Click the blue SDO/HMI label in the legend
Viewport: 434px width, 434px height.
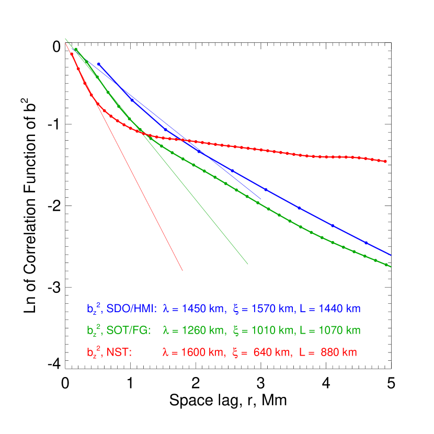tap(131, 309)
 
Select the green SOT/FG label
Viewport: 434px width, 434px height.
tap(129, 331)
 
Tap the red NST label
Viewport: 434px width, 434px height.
tap(119, 353)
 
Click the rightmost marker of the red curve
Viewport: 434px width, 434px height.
tap(386, 162)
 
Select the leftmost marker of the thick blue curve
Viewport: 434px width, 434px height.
tap(98, 64)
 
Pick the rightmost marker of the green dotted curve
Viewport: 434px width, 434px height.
tap(386, 265)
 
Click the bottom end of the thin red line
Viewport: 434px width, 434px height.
tap(182, 270)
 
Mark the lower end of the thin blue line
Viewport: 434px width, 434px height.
tap(261, 199)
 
